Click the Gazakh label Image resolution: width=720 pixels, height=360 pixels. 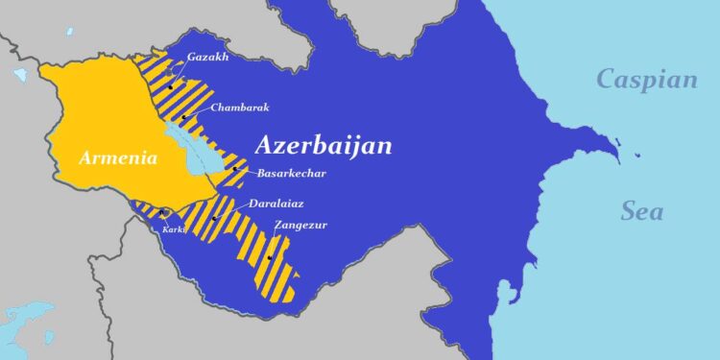[x=208, y=57]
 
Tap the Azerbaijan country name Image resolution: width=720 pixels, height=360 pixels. [x=324, y=146]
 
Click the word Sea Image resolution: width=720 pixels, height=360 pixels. [x=641, y=211]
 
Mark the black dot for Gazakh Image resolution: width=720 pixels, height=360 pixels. [x=170, y=87]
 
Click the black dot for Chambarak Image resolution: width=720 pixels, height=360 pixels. [x=183, y=118]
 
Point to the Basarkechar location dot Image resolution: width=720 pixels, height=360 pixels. [x=234, y=169]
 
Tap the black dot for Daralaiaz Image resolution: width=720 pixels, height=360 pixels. [x=214, y=218]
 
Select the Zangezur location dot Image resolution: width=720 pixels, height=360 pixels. [x=270, y=257]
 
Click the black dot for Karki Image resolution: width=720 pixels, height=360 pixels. [x=162, y=213]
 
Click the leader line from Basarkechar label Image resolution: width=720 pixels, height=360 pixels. [x=245, y=172]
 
